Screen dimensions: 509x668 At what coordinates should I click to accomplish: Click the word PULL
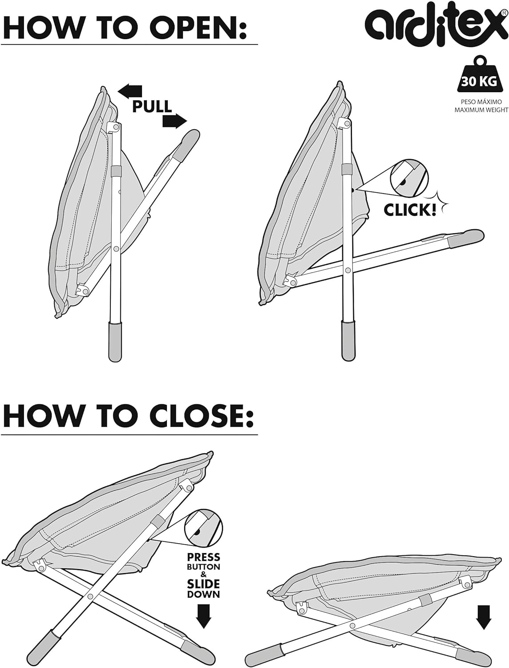[152, 106]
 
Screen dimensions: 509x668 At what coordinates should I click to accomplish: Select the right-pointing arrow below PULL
[174, 121]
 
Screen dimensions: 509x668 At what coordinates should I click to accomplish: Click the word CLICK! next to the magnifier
[410, 210]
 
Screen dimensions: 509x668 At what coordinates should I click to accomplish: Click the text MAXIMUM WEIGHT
[481, 110]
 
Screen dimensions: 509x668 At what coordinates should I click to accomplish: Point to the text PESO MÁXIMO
[481, 102]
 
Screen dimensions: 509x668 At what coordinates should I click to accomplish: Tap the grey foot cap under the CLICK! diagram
[348, 341]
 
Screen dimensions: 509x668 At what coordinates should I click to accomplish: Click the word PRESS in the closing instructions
[203, 557]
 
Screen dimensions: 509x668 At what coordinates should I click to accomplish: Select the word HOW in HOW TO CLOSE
[43, 416]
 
